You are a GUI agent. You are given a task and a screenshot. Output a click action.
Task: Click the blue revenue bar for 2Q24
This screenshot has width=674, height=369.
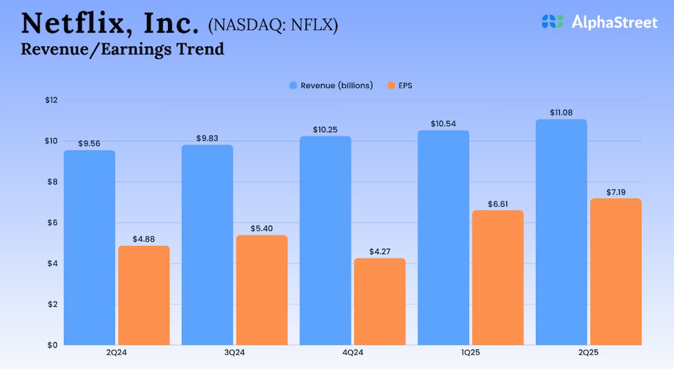[x=89, y=248]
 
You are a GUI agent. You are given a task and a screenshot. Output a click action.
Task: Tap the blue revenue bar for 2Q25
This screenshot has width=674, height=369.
[x=561, y=232]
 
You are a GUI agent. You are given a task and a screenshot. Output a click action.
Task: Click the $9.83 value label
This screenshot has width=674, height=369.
[x=207, y=138]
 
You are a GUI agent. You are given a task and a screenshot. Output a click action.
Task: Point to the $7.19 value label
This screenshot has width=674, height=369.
[x=616, y=192]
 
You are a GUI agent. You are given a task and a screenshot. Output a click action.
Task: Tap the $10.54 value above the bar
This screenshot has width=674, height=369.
[x=443, y=123]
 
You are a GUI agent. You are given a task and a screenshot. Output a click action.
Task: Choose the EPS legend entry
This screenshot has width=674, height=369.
[x=400, y=85]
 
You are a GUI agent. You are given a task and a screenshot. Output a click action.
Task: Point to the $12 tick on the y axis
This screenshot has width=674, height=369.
[x=51, y=101]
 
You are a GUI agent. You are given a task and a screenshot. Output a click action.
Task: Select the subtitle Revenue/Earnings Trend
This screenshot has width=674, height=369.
[x=122, y=49]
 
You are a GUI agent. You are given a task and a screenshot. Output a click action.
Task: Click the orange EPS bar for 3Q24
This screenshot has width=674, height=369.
[x=262, y=290]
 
